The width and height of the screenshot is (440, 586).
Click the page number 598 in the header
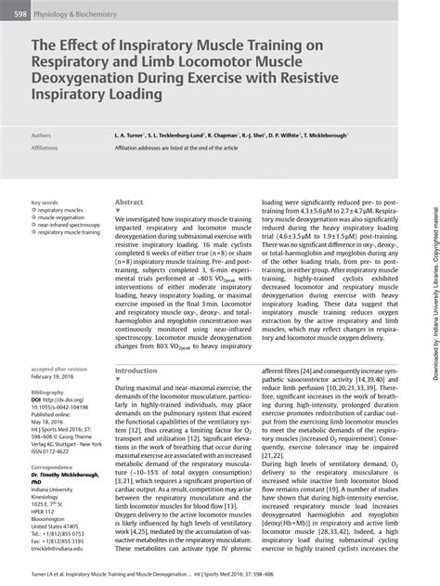(x=18, y=15)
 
